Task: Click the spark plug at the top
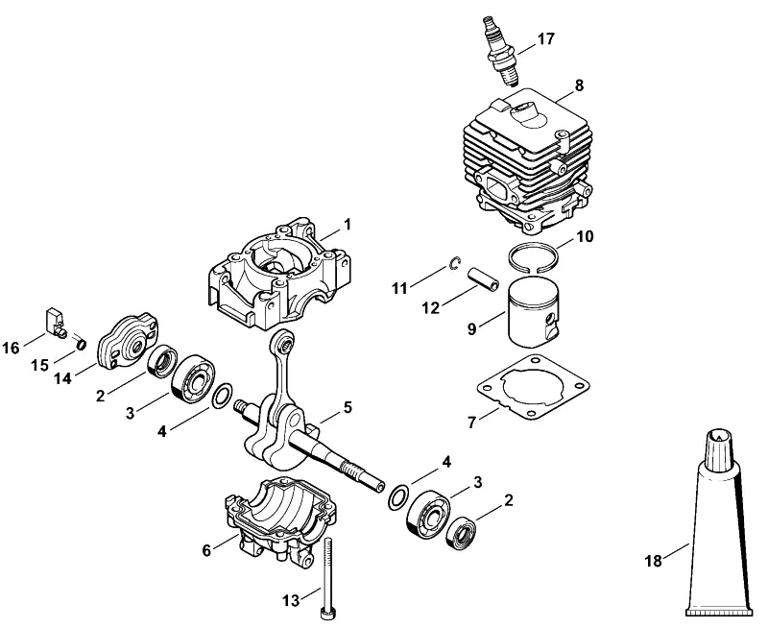pos(500,51)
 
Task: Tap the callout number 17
pos(545,38)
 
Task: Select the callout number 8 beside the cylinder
pos(580,85)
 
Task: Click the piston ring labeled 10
pos(533,246)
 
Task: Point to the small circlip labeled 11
pos(453,263)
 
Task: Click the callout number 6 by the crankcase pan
pos(206,550)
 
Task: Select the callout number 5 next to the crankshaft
pos(348,407)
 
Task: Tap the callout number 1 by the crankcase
pos(348,225)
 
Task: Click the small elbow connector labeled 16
pos(56,323)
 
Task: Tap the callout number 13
pos(291,600)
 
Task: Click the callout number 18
pos(654,561)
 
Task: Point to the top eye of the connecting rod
pos(285,342)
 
